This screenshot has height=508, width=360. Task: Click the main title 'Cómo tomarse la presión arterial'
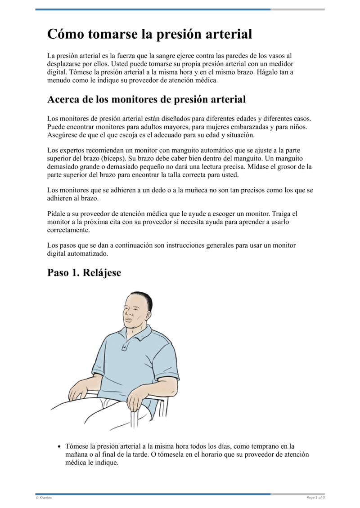(149, 34)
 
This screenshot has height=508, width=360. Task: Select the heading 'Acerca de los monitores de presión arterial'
(146, 99)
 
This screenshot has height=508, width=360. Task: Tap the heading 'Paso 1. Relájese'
(84, 272)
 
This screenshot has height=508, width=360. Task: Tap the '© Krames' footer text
(44, 498)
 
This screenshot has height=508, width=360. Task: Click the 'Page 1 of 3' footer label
(315, 498)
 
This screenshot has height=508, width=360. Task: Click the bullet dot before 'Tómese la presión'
(59, 447)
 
